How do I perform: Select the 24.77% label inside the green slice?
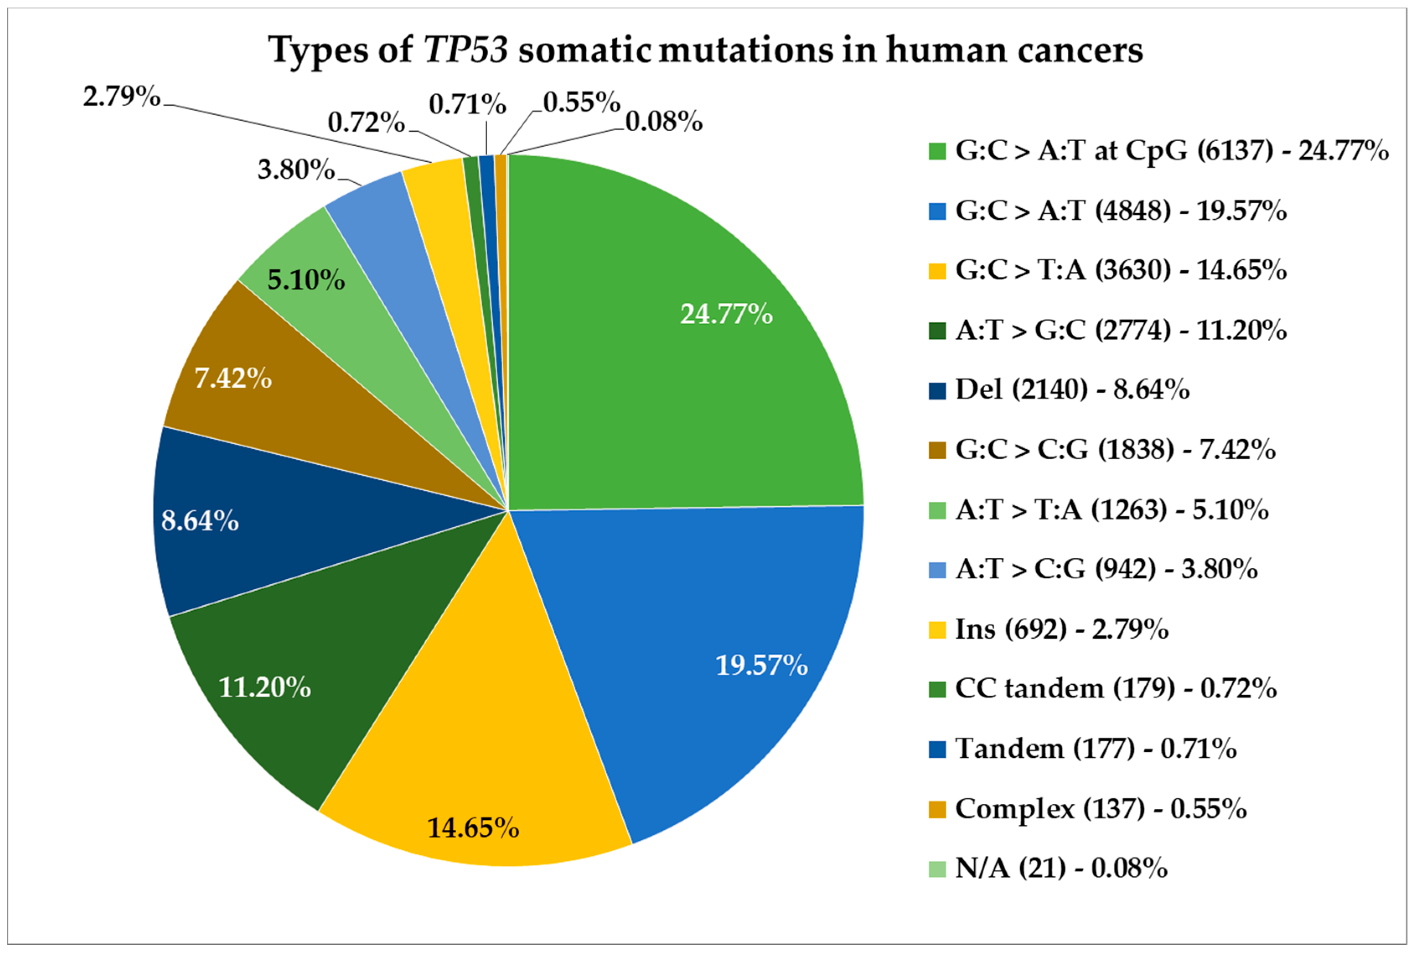click(x=726, y=314)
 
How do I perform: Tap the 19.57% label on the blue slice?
click(x=761, y=665)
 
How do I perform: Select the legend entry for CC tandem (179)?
click(x=1115, y=689)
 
